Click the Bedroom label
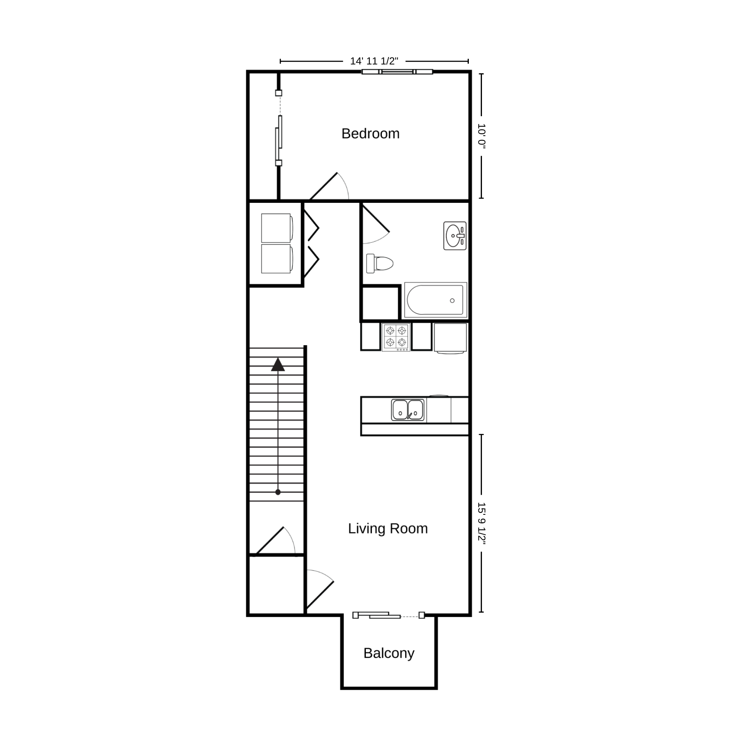(x=370, y=133)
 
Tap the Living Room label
(x=388, y=528)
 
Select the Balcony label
(x=389, y=653)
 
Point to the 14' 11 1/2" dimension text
(x=374, y=61)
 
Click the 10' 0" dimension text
(x=482, y=136)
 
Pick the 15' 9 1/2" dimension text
(x=482, y=523)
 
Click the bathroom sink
(x=455, y=236)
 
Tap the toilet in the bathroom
(x=380, y=263)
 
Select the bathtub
(x=436, y=300)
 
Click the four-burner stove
(x=396, y=337)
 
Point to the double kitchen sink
(x=408, y=410)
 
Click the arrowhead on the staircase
(x=278, y=365)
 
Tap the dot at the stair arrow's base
(x=278, y=492)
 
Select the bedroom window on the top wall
(x=397, y=72)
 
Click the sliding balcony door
(x=388, y=615)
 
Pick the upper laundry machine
(x=277, y=228)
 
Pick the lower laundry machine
(x=277, y=259)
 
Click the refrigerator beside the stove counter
(x=450, y=338)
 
